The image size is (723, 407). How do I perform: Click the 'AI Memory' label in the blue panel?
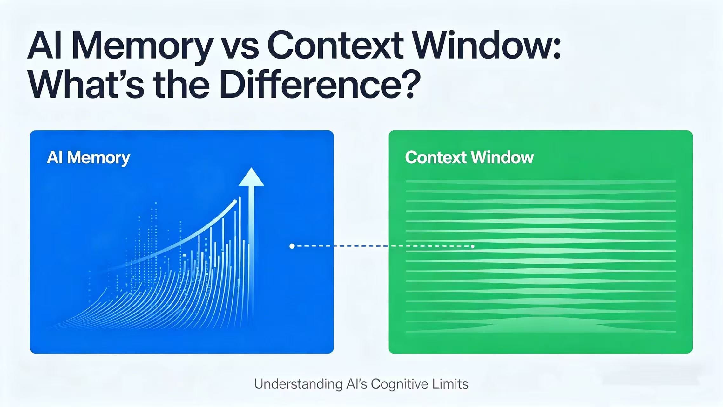(x=88, y=158)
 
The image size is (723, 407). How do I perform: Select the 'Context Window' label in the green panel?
(x=469, y=158)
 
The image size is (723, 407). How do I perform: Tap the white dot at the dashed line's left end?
(x=292, y=246)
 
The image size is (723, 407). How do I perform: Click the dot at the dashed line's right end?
(x=473, y=246)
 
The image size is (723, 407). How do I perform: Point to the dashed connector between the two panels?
(x=381, y=246)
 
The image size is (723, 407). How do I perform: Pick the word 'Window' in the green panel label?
(x=502, y=158)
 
